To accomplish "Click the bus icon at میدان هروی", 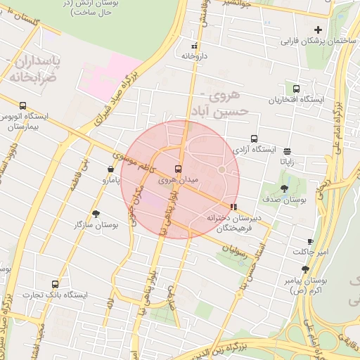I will (x=177, y=169).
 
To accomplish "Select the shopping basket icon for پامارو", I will (x=111, y=169).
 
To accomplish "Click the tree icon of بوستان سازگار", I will (x=96, y=213).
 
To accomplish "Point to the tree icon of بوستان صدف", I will (x=284, y=188).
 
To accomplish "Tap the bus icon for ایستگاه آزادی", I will (x=254, y=139).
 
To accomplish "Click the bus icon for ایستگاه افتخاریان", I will (x=296, y=89).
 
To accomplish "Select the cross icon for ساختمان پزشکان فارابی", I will (x=319, y=30).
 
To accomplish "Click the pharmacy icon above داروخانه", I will (x=194, y=46).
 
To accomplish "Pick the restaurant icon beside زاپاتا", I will (x=287, y=150).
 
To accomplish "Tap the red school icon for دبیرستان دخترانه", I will (x=233, y=207).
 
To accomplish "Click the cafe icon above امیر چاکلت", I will (x=310, y=241).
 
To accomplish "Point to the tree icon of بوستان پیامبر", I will (x=304, y=269).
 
